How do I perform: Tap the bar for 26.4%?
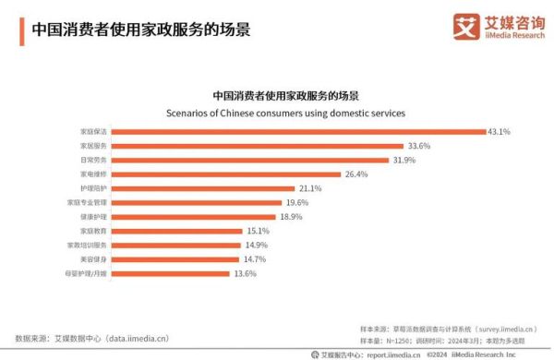tap(226, 174)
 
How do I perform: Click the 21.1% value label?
tap(309, 188)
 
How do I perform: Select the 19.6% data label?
tap(296, 202)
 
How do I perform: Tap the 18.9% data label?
tap(291, 216)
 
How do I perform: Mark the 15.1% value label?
tap(258, 231)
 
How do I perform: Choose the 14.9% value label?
tap(256, 245)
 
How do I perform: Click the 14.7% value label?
tap(255, 259)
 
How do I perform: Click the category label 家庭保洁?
tap(93, 131)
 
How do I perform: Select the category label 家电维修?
tap(93, 174)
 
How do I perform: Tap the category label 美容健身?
tap(93, 259)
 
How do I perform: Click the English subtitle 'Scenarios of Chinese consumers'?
tap(285, 113)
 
